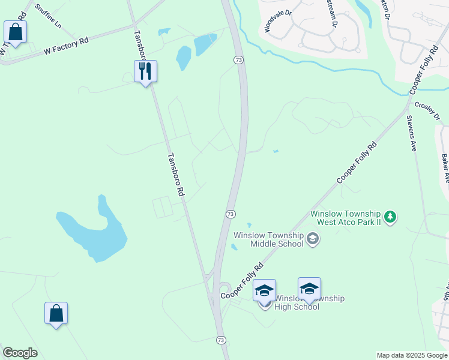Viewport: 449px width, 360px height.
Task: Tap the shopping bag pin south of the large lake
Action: (56, 313)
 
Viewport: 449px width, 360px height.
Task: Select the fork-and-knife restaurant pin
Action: (145, 71)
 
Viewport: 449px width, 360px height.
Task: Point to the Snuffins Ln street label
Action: (48, 16)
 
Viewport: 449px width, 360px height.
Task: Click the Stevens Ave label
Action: (412, 133)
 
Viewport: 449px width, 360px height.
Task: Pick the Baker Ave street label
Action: (445, 169)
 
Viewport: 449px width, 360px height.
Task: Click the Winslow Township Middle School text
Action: (268, 239)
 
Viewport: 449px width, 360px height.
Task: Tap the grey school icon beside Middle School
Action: (312, 239)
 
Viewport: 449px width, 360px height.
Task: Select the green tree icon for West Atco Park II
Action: (390, 217)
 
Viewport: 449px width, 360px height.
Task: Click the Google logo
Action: (20, 353)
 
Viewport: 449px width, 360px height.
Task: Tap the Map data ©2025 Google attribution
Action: (412, 355)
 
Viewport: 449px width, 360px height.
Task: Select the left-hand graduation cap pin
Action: (264, 290)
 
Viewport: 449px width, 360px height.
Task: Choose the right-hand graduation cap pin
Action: (309, 289)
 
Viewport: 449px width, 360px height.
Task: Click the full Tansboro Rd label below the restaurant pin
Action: (175, 175)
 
